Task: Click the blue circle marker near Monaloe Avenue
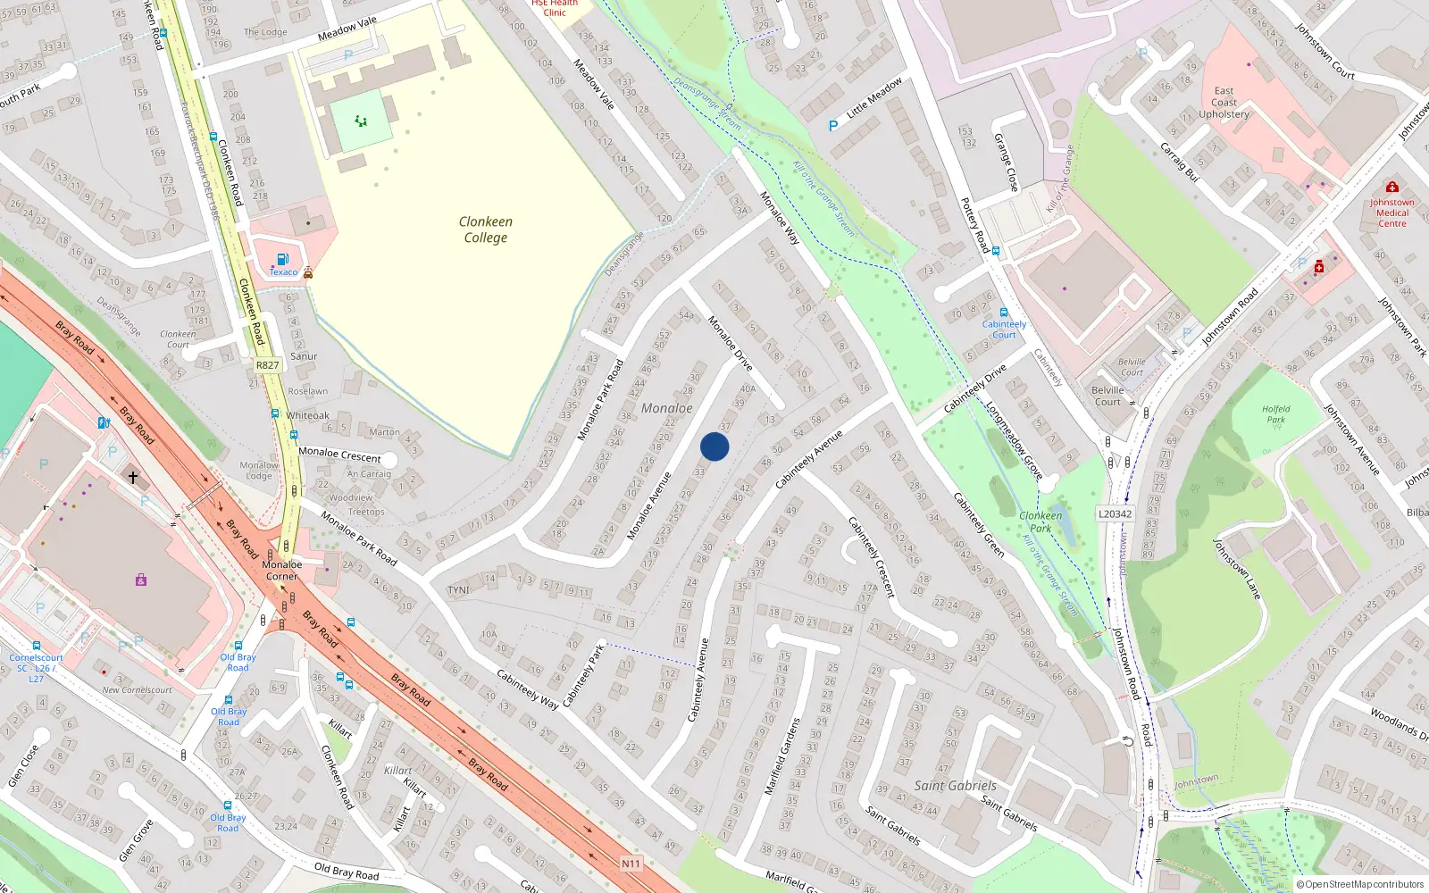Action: click(x=714, y=446)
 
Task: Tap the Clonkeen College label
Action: click(x=485, y=230)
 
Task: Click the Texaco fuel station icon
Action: click(x=283, y=259)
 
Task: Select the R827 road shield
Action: click(x=267, y=365)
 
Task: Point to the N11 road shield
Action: click(x=631, y=864)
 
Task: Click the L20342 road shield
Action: click(x=1115, y=513)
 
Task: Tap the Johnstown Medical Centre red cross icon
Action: click(x=1391, y=187)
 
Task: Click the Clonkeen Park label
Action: click(x=1040, y=522)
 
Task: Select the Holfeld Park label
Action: click(x=1275, y=413)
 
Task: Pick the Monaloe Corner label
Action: click(x=281, y=570)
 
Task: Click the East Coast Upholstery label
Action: click(x=1224, y=103)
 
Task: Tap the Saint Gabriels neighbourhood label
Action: click(x=955, y=786)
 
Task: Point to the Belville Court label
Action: click(x=1107, y=396)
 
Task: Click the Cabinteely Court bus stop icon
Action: click(x=1004, y=313)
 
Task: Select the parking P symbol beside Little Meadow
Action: click(x=833, y=126)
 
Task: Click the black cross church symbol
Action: click(x=133, y=478)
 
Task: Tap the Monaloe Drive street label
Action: click(x=730, y=343)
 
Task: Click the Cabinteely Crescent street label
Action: click(x=870, y=556)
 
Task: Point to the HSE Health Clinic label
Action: click(x=555, y=8)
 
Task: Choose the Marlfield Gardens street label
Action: click(x=781, y=755)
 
